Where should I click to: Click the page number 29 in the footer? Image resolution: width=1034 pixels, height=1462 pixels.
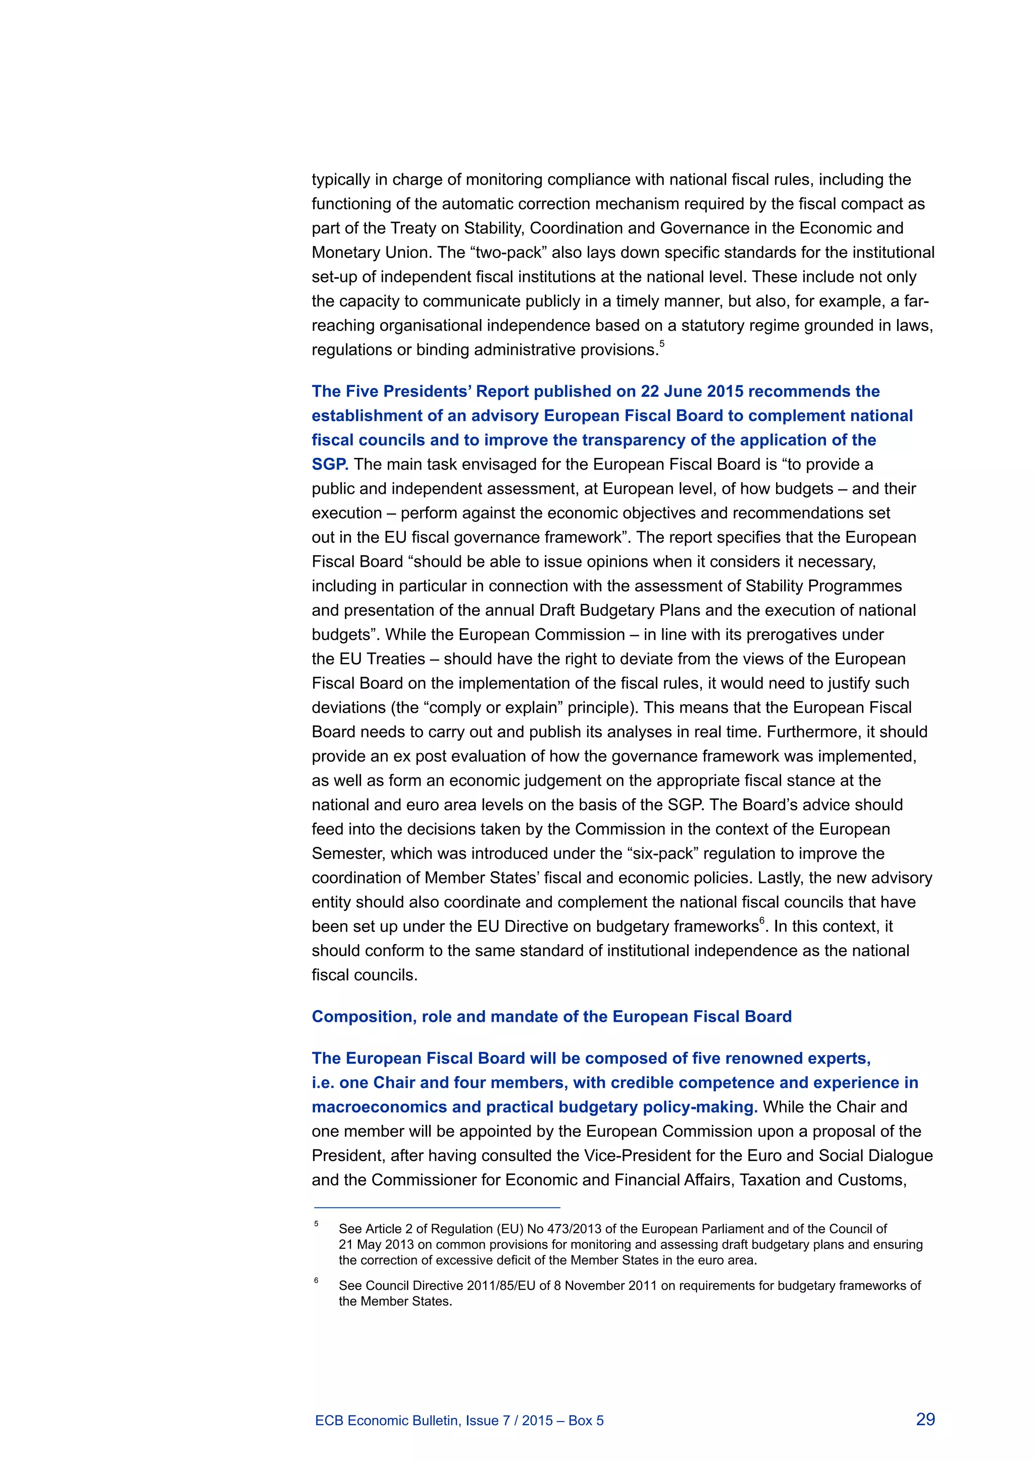(925, 1419)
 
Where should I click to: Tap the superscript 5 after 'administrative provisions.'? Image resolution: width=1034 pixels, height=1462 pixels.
(661, 344)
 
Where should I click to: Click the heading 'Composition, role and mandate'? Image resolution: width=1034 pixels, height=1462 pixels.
(551, 1016)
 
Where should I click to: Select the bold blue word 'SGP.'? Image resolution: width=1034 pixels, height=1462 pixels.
(330, 464)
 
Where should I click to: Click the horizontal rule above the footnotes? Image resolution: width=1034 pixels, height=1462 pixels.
(437, 1207)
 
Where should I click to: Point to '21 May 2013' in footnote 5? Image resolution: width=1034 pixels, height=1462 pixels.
(376, 1244)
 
